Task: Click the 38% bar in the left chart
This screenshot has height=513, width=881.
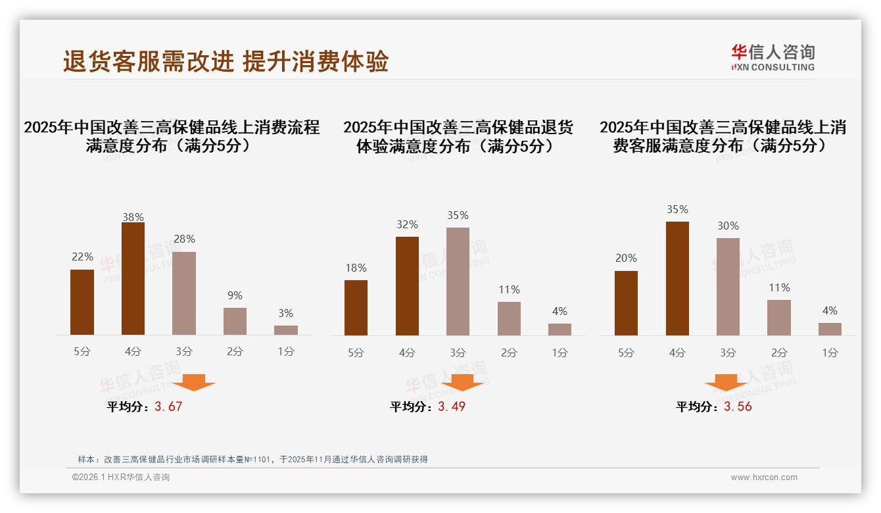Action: tap(133, 279)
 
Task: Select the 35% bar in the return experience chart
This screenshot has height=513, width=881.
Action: tap(458, 281)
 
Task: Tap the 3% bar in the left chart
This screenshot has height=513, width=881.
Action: tap(286, 330)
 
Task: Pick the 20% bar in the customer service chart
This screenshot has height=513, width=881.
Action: tap(626, 303)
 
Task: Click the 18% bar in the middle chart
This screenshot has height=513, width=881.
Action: tap(356, 308)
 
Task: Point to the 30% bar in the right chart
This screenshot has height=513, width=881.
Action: tap(728, 287)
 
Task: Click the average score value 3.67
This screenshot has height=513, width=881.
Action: tap(168, 406)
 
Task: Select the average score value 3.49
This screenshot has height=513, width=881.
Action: tap(452, 406)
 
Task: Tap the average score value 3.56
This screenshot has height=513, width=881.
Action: tap(738, 406)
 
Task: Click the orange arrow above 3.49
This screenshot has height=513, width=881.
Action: tap(462, 382)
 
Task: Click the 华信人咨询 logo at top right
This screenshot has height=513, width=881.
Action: tap(773, 57)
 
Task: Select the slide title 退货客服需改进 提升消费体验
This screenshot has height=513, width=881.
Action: tap(226, 61)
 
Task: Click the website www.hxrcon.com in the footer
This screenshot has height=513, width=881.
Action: tap(764, 477)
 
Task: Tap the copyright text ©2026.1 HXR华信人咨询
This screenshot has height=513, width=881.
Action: tap(121, 477)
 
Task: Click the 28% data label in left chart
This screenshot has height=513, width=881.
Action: tap(184, 239)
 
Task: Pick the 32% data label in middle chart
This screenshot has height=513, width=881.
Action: tap(407, 225)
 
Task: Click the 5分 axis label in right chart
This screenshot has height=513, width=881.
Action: tap(626, 353)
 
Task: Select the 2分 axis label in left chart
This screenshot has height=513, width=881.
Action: tap(235, 352)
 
